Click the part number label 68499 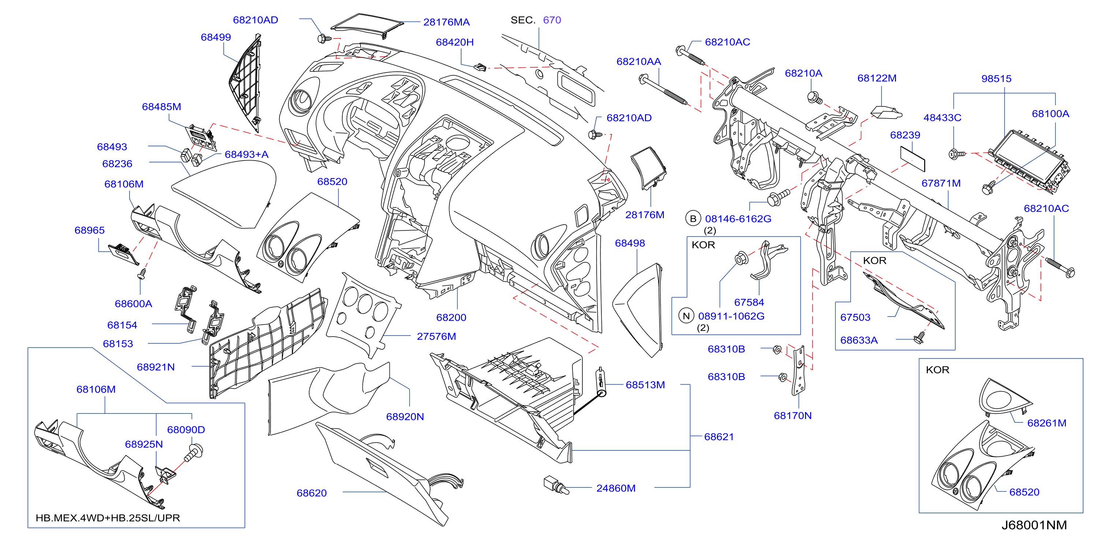216,37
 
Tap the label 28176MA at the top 446,22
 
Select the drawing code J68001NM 1034,525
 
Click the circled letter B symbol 693,219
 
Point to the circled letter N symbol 686,316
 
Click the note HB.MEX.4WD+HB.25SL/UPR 108,518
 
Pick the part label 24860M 616,488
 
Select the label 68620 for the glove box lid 311,493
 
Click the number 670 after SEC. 552,20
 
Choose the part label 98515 996,79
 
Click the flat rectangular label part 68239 912,158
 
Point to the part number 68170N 792,416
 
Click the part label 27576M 436,337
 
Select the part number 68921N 156,367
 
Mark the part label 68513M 645,385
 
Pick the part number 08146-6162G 738,219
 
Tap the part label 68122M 877,78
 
